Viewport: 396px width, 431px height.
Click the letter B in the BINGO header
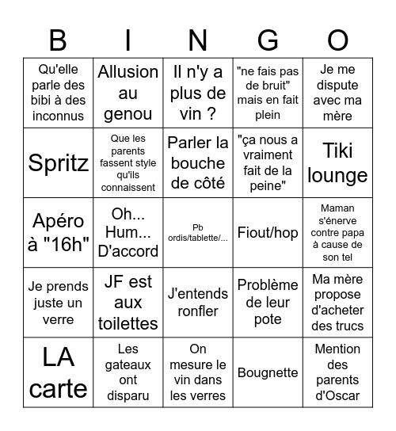[x=58, y=39]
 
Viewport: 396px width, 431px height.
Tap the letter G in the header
[x=268, y=39]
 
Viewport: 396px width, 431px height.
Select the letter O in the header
[x=338, y=39]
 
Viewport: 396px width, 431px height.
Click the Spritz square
[x=58, y=163]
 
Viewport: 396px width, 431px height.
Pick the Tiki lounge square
[x=337, y=162]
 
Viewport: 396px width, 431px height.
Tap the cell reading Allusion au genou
[x=128, y=93]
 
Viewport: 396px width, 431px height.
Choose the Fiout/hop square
[x=268, y=232]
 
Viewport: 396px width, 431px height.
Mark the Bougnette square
[x=268, y=372]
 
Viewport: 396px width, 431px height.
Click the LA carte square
[x=58, y=372]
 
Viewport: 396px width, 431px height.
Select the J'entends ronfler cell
[x=198, y=303]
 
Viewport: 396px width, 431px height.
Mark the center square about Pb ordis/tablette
[x=198, y=232]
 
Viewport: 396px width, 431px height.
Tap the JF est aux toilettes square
[x=128, y=303]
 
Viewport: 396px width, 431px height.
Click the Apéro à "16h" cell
[x=58, y=232]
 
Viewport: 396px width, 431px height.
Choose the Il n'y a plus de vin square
[x=198, y=93]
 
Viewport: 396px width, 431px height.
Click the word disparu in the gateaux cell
[x=128, y=395]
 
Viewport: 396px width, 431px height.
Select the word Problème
[x=268, y=285]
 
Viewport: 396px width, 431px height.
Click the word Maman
[x=337, y=208]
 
